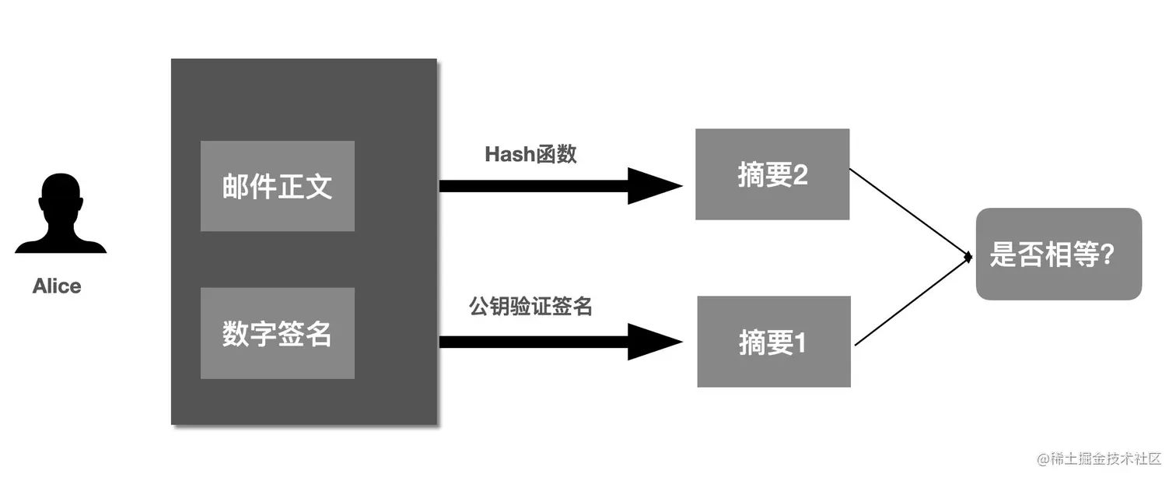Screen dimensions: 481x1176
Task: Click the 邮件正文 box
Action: (277, 186)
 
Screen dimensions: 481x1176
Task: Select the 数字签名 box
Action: (277, 333)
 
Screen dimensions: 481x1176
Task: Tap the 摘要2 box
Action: (772, 174)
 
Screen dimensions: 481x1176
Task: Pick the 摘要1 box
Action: (773, 342)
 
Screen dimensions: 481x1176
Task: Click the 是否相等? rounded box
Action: (1058, 254)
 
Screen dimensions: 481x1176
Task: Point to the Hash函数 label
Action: (530, 154)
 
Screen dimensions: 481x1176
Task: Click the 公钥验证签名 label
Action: (530, 307)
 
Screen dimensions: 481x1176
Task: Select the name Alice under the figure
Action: (57, 286)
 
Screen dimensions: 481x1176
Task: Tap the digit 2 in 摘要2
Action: (800, 175)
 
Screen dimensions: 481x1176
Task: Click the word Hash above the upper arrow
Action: (509, 154)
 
